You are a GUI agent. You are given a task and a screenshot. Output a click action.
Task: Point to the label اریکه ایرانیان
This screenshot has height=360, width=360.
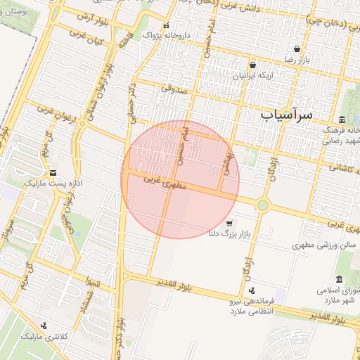click(x=252, y=74)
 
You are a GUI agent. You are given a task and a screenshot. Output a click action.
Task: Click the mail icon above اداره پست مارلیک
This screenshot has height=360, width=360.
click(x=53, y=172)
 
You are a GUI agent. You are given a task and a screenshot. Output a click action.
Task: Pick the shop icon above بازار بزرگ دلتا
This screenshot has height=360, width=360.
click(x=229, y=223)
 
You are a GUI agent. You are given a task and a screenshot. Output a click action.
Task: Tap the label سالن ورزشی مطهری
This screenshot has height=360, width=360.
click(x=326, y=245)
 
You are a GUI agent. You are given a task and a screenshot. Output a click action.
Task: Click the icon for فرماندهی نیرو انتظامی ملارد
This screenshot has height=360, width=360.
click(x=252, y=290)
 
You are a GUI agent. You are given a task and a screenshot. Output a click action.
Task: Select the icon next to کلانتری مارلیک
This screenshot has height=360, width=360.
click(x=44, y=326)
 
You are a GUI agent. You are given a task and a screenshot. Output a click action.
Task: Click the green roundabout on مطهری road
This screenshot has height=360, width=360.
click(x=263, y=205)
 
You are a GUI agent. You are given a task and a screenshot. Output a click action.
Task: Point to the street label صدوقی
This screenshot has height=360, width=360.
click(x=173, y=89)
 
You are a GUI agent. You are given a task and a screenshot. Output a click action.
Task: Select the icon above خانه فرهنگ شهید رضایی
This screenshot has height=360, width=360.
click(x=342, y=120)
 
